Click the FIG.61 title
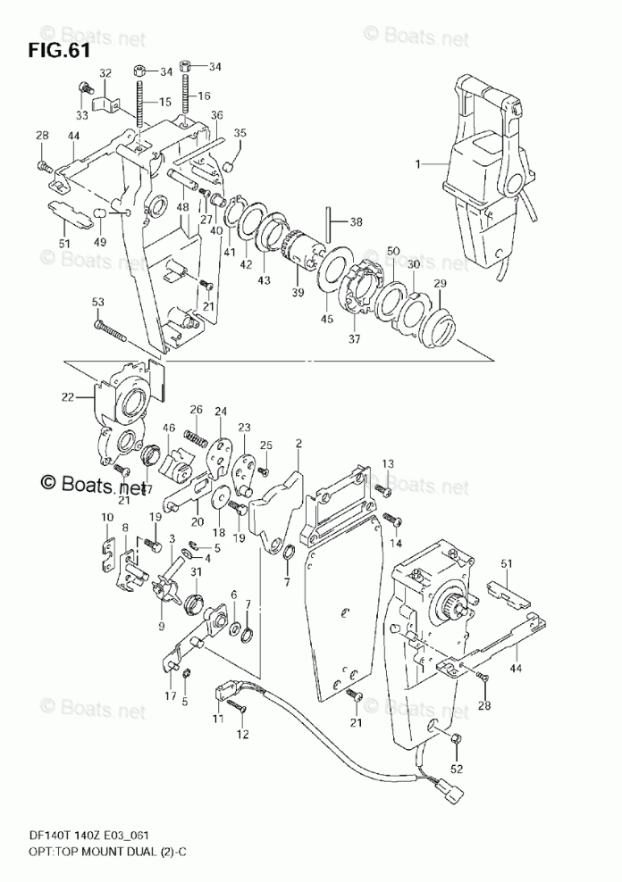pyautogui.click(x=59, y=50)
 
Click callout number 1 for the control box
pyautogui.click(x=416, y=163)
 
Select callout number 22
pyautogui.click(x=68, y=397)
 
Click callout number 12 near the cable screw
pyautogui.click(x=240, y=735)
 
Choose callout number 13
pyautogui.click(x=388, y=464)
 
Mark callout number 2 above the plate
pyautogui.click(x=299, y=444)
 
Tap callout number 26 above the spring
pyautogui.click(x=196, y=410)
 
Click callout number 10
pyautogui.click(x=106, y=518)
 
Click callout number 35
pyautogui.click(x=239, y=133)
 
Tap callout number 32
pyautogui.click(x=105, y=72)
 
